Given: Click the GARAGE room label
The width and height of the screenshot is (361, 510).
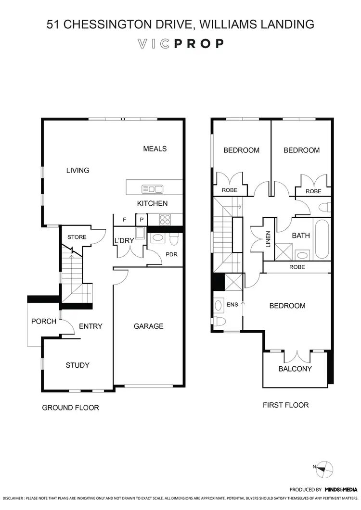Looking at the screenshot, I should tap(148, 326).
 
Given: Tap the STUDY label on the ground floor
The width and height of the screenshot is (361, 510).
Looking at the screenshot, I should tap(77, 365).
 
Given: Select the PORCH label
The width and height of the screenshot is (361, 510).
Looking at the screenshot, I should tap(44, 321).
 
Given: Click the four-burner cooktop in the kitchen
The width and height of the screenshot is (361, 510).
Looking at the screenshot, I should tap(165, 219).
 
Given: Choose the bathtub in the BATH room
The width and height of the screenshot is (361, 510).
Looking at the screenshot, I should tap(321, 239).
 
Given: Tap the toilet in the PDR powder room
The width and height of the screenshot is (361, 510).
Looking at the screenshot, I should tap(174, 238).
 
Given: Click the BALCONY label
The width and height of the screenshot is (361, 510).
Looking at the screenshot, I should tap(295, 369).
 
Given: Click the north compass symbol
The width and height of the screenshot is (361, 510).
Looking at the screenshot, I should tap(325, 468).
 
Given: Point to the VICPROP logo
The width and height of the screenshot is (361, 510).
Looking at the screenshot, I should tap(180, 44).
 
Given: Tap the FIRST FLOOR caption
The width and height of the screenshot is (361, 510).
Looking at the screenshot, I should tap(285, 405).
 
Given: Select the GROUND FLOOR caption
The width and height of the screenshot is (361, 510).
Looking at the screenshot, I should tap(70, 408).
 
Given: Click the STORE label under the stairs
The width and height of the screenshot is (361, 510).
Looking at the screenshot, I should tap(77, 237).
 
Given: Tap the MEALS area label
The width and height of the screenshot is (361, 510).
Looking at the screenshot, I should tap(155, 149).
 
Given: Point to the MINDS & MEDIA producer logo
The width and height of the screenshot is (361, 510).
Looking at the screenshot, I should tap(341, 489).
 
